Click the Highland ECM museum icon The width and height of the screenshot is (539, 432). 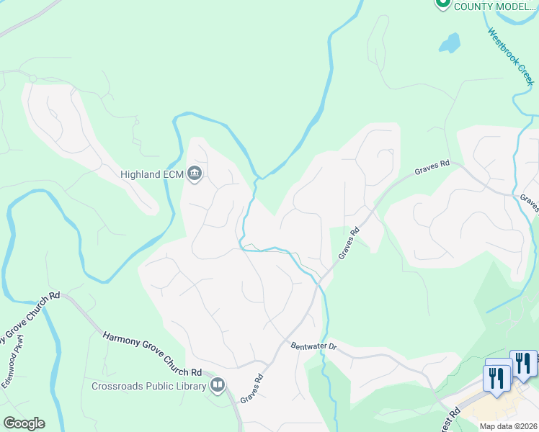(x=195, y=174)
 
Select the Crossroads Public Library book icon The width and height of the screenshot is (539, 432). (x=218, y=385)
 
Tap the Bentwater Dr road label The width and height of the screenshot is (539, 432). (x=314, y=346)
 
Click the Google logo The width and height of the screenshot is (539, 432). (x=24, y=423)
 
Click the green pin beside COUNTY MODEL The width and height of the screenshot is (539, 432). (x=443, y=4)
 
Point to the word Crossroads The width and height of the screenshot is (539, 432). (x=117, y=386)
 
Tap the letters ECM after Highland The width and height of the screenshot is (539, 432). (x=173, y=174)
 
